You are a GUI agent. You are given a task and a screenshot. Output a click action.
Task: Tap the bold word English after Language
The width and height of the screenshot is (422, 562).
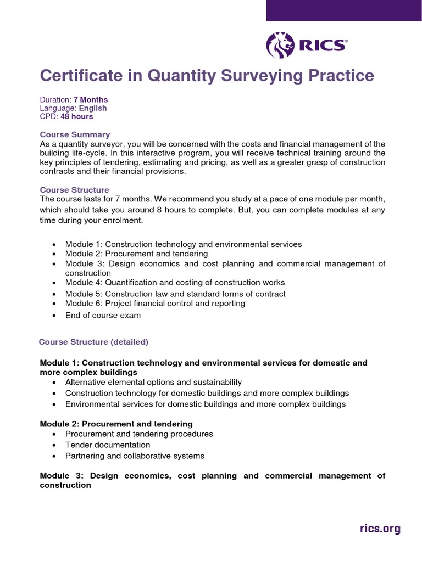[92, 108]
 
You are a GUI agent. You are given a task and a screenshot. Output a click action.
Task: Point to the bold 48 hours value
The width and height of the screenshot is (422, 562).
[77, 116]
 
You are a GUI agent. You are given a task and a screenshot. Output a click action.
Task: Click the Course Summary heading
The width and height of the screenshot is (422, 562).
[75, 134]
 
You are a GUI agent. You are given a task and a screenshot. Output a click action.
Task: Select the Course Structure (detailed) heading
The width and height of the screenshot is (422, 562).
[93, 342]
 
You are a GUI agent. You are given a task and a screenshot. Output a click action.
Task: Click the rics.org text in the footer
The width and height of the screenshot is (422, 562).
[380, 529]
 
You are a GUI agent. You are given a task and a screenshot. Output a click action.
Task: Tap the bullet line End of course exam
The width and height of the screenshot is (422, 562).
[103, 315]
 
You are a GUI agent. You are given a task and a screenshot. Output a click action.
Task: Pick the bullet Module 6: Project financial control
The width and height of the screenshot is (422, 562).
[155, 303]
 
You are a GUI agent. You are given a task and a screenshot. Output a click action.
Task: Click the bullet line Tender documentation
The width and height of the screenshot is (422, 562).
[107, 445]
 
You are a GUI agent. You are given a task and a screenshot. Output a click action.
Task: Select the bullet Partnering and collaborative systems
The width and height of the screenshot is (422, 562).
[135, 456]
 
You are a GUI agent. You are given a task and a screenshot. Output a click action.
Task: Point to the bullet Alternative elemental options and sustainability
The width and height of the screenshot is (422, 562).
[153, 382]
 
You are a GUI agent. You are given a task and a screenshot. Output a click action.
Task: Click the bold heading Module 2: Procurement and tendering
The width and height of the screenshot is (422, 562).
[116, 424]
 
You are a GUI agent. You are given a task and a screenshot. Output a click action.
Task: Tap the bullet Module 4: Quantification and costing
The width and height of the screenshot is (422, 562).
[175, 282]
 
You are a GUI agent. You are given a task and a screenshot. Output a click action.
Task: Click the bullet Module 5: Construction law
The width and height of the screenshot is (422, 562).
[175, 294]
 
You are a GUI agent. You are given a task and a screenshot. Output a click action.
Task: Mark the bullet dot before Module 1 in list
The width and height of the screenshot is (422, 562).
[53, 244]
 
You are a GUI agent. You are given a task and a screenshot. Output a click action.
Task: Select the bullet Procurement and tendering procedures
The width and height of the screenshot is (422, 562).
[139, 434]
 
